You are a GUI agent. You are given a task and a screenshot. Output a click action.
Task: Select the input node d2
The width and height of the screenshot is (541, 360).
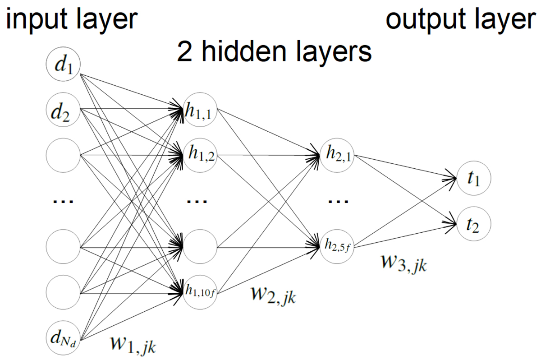64,111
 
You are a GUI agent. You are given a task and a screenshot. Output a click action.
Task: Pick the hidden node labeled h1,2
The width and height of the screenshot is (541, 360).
200,156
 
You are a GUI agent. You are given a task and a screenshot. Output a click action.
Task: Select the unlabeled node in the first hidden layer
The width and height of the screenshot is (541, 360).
200,247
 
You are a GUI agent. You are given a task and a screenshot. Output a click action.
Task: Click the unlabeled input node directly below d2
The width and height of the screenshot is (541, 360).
64,156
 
